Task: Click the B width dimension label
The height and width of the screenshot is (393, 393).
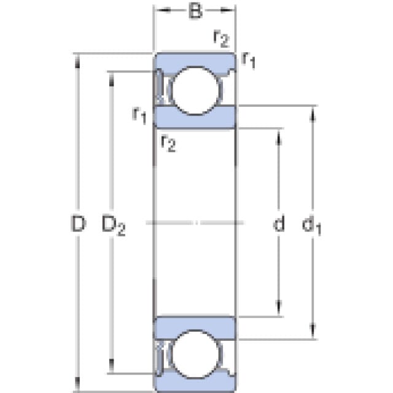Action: [x=195, y=11]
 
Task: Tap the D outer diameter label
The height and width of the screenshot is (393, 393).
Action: [x=78, y=224]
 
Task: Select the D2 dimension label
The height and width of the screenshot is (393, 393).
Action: [x=114, y=225]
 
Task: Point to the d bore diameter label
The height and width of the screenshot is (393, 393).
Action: [x=279, y=222]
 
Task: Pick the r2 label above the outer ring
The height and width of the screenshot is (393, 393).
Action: [x=221, y=39]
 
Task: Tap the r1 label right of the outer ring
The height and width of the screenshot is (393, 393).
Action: [x=249, y=60]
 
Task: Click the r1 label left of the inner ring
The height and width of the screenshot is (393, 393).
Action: [x=139, y=115]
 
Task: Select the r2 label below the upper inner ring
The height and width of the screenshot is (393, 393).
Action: [x=168, y=143]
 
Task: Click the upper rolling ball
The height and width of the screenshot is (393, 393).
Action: [x=196, y=90]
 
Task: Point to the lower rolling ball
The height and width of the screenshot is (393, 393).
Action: [x=195, y=354]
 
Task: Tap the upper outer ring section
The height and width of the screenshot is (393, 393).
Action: [x=195, y=62]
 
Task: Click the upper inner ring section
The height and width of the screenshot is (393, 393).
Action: [x=195, y=118]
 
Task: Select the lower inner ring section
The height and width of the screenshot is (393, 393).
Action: [x=195, y=328]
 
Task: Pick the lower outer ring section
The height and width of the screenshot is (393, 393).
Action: [x=195, y=382]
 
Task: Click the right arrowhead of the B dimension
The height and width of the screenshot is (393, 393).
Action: [x=227, y=10]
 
